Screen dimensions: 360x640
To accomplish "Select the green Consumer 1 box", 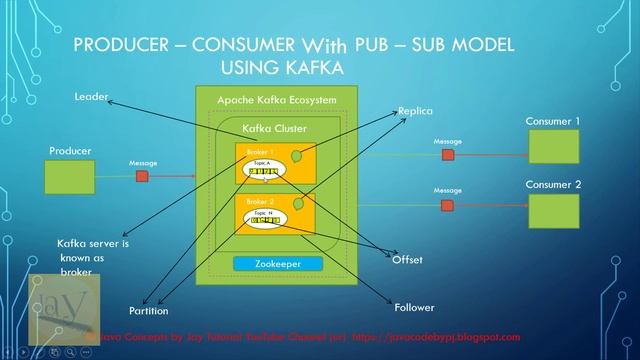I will point(553,146).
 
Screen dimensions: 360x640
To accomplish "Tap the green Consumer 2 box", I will point(553,209).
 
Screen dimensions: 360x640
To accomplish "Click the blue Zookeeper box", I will point(280,263).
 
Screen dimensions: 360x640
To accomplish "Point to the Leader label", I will point(90,96).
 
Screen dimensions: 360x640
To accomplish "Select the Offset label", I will point(407,260).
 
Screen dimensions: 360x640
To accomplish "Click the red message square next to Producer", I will point(142,177).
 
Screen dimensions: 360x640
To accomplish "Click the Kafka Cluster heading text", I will point(275,129).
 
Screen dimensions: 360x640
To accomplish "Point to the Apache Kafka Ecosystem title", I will point(277,100).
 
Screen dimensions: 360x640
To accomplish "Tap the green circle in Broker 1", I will point(297,156).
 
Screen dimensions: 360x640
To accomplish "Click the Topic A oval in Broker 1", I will point(264,169).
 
